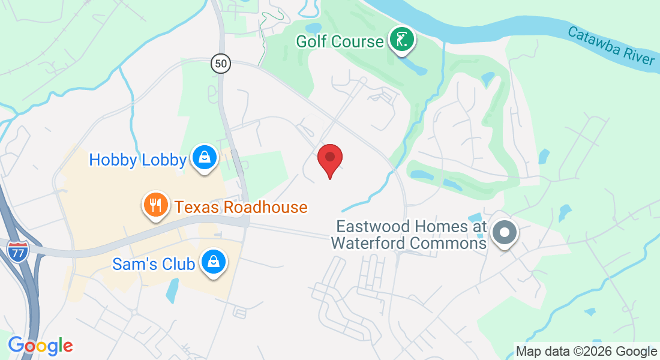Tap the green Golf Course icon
[402, 40]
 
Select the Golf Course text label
[340, 41]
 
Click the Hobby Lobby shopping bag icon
[205, 158]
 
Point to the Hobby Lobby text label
[137, 160]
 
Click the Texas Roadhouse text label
[241, 208]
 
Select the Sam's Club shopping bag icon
[212, 262]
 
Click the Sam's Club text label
[154, 263]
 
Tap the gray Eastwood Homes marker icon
[505, 232]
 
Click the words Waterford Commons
[409, 243]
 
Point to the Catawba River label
[611, 46]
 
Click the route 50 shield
[221, 62]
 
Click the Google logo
[40, 346]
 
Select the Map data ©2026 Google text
[586, 351]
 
